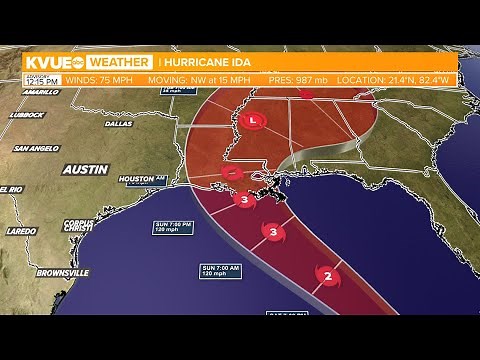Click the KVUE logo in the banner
(50, 62)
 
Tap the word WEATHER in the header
(124, 62)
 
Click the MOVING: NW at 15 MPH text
(193, 77)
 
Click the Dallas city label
(118, 124)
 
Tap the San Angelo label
(34, 148)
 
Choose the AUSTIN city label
(85, 169)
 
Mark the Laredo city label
(21, 231)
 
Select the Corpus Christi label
(77, 226)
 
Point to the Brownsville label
(62, 271)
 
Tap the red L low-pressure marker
(254, 122)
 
